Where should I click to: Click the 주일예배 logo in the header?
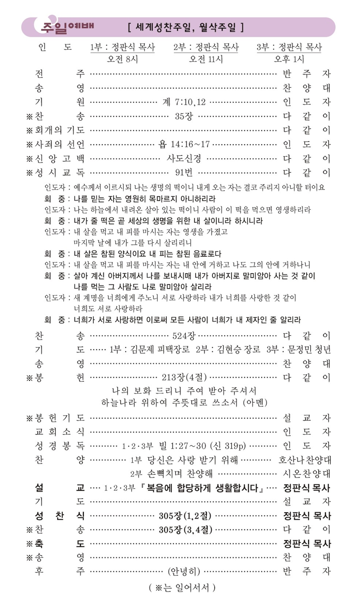(67, 27)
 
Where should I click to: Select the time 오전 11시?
(206, 59)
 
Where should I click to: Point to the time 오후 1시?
(289, 59)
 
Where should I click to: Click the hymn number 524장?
(184, 336)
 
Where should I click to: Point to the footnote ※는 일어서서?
(182, 587)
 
